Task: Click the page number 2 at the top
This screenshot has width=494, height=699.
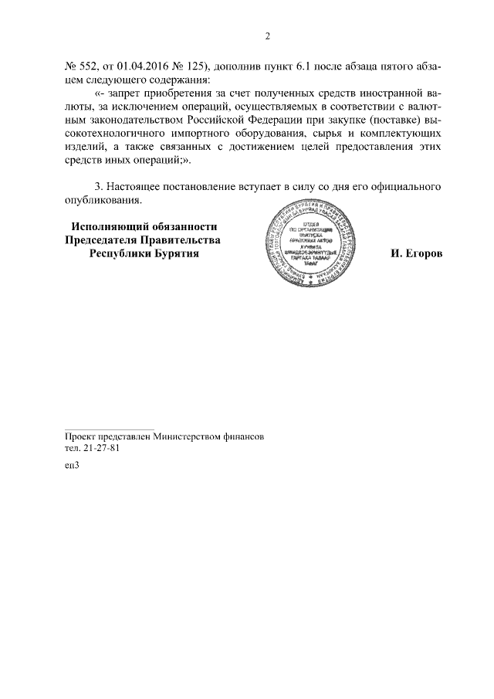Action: click(267, 36)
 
